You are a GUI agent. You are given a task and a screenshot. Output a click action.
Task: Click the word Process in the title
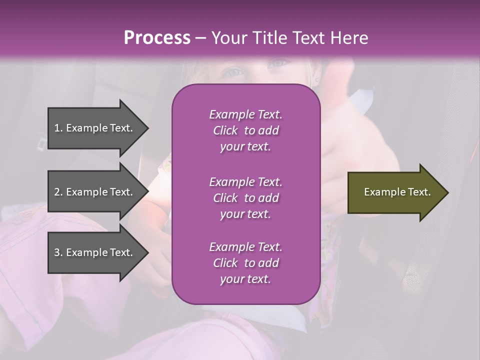pos(157,38)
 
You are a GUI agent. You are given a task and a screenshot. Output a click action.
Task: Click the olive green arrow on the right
pos(395,192)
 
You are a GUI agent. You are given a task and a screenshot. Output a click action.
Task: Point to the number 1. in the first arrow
pos(58,128)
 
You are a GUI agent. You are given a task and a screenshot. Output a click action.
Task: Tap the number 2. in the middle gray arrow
pos(58,192)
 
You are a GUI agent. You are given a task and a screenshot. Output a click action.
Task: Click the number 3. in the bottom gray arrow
pos(58,252)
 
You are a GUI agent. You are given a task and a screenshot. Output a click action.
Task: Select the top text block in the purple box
pos(245,130)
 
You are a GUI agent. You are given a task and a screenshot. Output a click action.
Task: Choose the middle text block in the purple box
pos(245,198)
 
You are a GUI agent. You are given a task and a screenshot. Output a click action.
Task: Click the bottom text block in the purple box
pos(245,263)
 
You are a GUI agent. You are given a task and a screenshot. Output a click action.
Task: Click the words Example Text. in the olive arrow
pos(397,192)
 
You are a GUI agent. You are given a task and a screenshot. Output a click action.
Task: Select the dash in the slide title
pos(200,38)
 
